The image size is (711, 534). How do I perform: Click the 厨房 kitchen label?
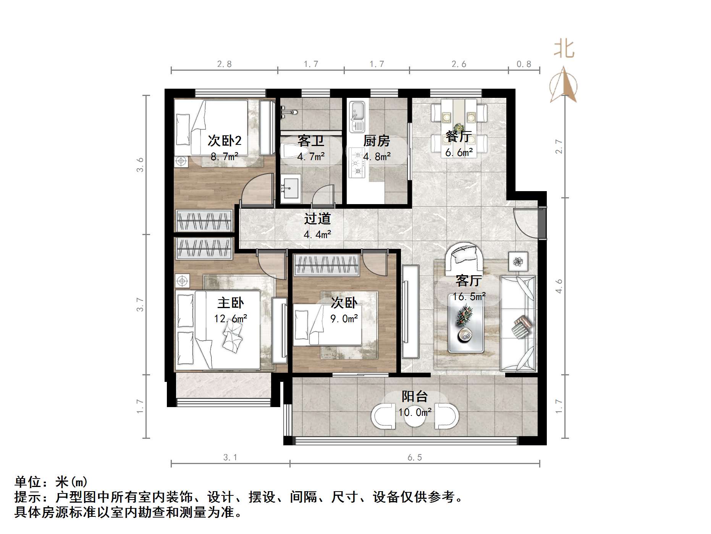[376, 141]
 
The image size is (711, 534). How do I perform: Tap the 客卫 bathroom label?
[311, 141]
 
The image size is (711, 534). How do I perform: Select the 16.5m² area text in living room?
[469, 297]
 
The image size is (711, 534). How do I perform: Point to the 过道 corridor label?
[317, 219]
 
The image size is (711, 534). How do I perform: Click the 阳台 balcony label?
[414, 397]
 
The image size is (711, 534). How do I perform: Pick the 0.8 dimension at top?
[524, 64]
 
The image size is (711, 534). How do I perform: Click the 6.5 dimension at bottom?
[414, 458]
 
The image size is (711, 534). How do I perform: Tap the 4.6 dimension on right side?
[559, 286]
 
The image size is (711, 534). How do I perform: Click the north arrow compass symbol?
[563, 85]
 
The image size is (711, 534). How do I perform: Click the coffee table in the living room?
[466, 323]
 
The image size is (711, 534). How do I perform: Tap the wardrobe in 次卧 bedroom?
[326, 265]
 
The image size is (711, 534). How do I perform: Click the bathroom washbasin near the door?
[291, 188]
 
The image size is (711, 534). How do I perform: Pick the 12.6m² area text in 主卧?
[231, 318]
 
